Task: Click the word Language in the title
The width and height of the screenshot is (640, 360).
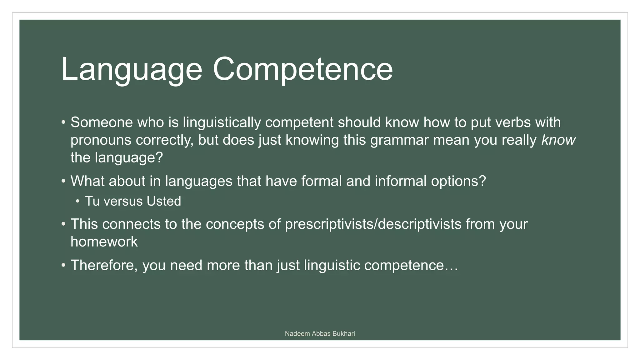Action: (x=132, y=69)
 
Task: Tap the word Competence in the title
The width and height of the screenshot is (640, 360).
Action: (x=302, y=69)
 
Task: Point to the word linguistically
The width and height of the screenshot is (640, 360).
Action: (x=222, y=122)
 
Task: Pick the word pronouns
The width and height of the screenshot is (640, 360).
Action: (x=101, y=140)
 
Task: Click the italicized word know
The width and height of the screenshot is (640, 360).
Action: (x=558, y=140)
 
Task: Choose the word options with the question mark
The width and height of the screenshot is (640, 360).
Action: (x=458, y=181)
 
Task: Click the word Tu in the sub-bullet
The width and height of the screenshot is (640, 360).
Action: (x=92, y=201)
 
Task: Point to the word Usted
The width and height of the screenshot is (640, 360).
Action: (x=164, y=201)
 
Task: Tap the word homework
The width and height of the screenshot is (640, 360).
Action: (x=104, y=242)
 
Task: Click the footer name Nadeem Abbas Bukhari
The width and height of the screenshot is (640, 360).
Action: (x=320, y=334)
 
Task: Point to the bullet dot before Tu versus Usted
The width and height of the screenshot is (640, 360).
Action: (x=77, y=201)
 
